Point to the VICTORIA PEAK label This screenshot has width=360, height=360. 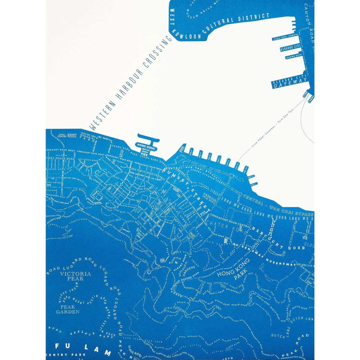point(71,276)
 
